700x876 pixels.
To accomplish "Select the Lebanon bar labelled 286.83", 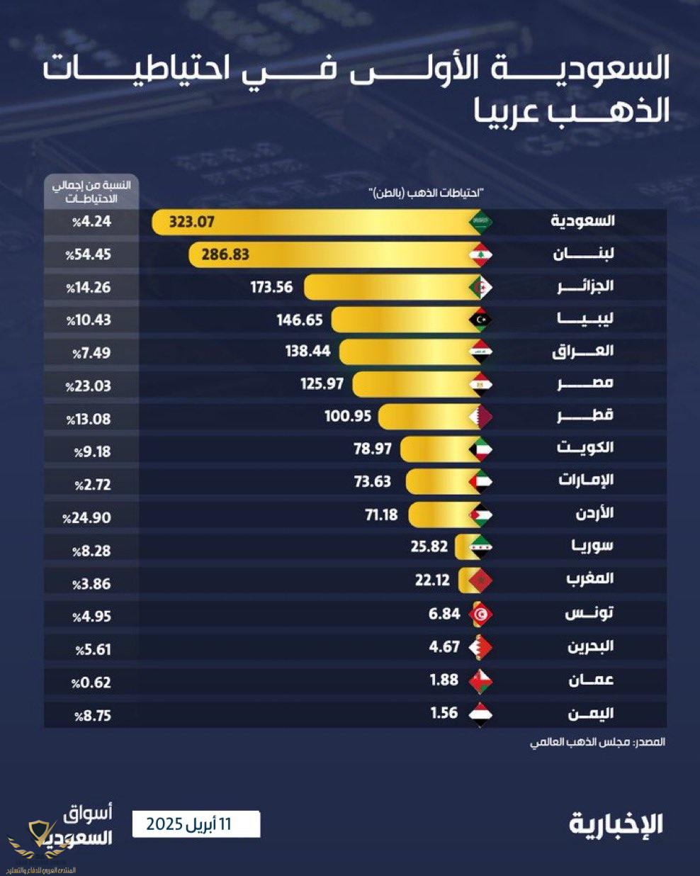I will pyautogui.click(x=340, y=254).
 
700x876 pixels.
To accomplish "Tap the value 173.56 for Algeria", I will pyautogui.click(x=271, y=287).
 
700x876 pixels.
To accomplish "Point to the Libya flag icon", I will pyautogui.click(x=481, y=320).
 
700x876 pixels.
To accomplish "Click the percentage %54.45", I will pyautogui.click(x=89, y=254).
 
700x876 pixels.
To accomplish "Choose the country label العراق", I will pyautogui.click(x=582, y=352).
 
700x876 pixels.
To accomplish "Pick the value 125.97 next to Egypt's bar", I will pyautogui.click(x=322, y=384).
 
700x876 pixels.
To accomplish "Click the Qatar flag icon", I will pyautogui.click(x=481, y=417).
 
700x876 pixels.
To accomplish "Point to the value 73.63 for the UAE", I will pyautogui.click(x=372, y=482).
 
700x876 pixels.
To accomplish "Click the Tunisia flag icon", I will pyautogui.click(x=481, y=614).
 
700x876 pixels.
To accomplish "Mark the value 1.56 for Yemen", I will pyautogui.click(x=444, y=713).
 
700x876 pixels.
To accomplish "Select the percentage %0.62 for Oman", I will pyautogui.click(x=91, y=683).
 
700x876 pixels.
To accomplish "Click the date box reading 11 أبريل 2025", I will pyautogui.click(x=196, y=824).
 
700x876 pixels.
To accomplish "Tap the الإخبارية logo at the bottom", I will pyautogui.click(x=616, y=824).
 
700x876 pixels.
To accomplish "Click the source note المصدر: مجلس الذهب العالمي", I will pyautogui.click(x=599, y=742).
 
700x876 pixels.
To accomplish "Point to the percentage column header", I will pyautogui.click(x=91, y=191).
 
